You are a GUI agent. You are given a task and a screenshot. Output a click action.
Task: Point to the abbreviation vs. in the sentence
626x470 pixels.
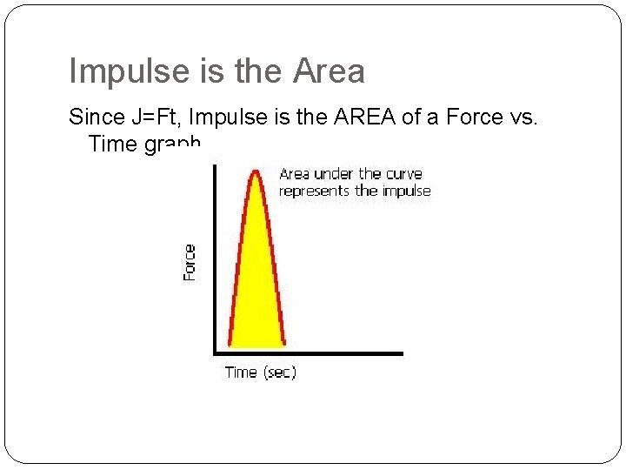click(524, 117)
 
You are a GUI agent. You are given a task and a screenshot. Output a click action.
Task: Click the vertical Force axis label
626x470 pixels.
click(190, 262)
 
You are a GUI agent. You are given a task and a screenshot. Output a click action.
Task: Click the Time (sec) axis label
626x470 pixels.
click(260, 373)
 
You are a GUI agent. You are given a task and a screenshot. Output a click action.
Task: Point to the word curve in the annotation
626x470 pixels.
click(403, 174)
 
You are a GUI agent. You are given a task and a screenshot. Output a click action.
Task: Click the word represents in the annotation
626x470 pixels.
click(314, 191)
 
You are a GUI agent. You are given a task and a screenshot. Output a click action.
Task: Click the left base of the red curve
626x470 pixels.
click(230, 346)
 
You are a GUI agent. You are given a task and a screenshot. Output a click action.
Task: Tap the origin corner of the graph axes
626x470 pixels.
click(216, 353)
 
